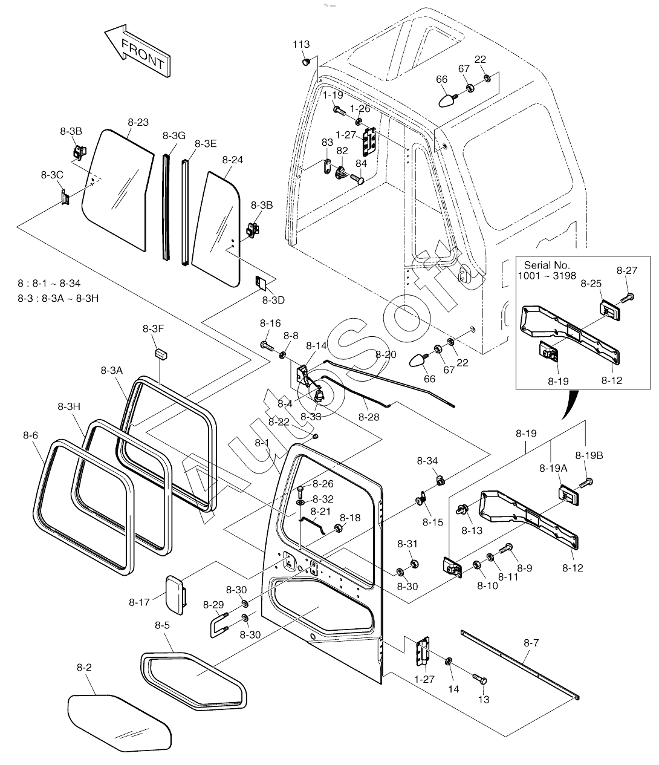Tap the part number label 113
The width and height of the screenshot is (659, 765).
[x=301, y=45]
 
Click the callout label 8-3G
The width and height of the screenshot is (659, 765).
[x=174, y=135]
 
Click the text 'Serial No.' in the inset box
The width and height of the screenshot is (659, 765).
[x=546, y=265]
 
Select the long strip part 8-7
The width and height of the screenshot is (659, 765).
[x=520, y=666]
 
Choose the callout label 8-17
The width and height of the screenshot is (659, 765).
[x=139, y=602]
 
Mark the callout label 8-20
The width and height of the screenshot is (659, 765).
[x=386, y=354]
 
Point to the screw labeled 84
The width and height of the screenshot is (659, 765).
[x=358, y=179]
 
